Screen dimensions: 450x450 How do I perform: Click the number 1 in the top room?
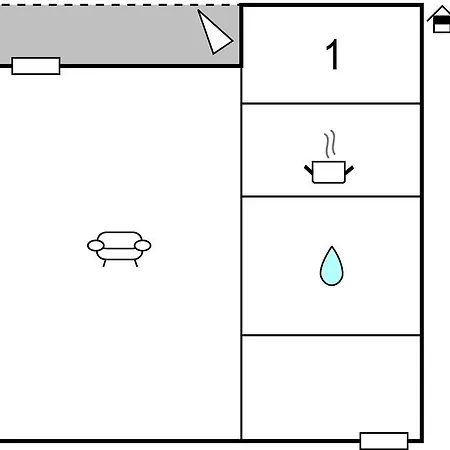(333, 54)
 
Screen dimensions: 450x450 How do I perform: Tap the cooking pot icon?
(329, 172)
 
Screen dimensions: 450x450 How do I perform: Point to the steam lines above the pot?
(330, 144)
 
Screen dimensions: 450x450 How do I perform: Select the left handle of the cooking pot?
(309, 170)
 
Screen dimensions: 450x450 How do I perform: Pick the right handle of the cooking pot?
(349, 170)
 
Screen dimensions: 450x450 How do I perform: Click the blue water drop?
(332, 266)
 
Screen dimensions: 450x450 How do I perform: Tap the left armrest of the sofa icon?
(96, 246)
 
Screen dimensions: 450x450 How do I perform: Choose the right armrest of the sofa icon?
(143, 246)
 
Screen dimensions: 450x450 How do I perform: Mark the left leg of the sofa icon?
(104, 263)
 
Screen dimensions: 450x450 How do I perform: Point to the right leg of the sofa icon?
(136, 263)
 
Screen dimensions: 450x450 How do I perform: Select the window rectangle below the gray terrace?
(36, 66)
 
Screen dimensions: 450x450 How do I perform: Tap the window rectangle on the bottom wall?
(384, 441)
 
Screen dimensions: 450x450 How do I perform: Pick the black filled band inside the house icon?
(442, 21)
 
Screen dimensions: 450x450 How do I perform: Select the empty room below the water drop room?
(331, 387)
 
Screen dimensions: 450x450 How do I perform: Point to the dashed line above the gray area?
(120, 5)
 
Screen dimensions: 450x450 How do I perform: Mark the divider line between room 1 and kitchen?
(331, 104)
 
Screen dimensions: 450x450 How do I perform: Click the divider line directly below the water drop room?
(331, 335)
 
